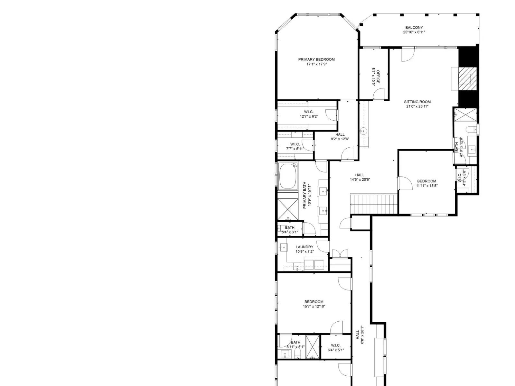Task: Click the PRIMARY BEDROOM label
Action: (x=316, y=60)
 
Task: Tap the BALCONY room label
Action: (x=414, y=28)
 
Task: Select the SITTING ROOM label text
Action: (x=417, y=102)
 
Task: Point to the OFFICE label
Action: (x=378, y=77)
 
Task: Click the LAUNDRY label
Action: (x=304, y=247)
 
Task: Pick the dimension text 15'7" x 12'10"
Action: (x=314, y=306)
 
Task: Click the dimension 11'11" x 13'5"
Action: (x=427, y=186)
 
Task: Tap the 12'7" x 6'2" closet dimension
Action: (x=309, y=116)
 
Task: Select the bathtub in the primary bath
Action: (x=288, y=176)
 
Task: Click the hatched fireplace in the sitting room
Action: (x=467, y=79)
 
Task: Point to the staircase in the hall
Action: (x=374, y=204)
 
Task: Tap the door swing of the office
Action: (x=379, y=94)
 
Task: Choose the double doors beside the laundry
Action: (x=340, y=254)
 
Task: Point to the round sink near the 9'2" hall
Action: (x=363, y=131)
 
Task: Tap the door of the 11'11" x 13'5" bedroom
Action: (x=405, y=183)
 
